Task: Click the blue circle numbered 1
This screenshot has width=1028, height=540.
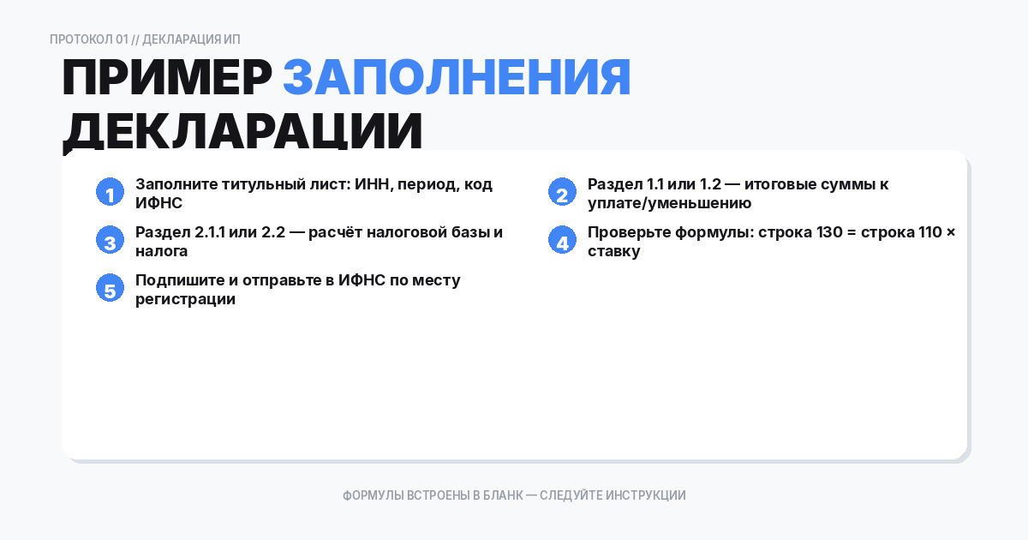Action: [110, 193]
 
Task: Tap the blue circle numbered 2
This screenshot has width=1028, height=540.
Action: [562, 193]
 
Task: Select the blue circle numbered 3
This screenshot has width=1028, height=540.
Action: [110, 241]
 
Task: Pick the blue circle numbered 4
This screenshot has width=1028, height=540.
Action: [562, 241]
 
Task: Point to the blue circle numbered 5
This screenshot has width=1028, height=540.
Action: [110, 289]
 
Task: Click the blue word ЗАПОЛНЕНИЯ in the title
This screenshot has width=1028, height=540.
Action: [457, 79]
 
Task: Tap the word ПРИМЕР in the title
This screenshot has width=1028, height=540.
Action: [166, 79]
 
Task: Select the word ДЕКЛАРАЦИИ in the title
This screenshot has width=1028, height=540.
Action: [242, 132]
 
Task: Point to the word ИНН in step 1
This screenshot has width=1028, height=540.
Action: [372, 184]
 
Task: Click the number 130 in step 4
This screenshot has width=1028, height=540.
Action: [816, 232]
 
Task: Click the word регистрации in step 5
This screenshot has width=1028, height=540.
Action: [185, 300]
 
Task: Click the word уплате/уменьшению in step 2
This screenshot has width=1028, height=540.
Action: [669, 204]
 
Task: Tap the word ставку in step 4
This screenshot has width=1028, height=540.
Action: [613, 252]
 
